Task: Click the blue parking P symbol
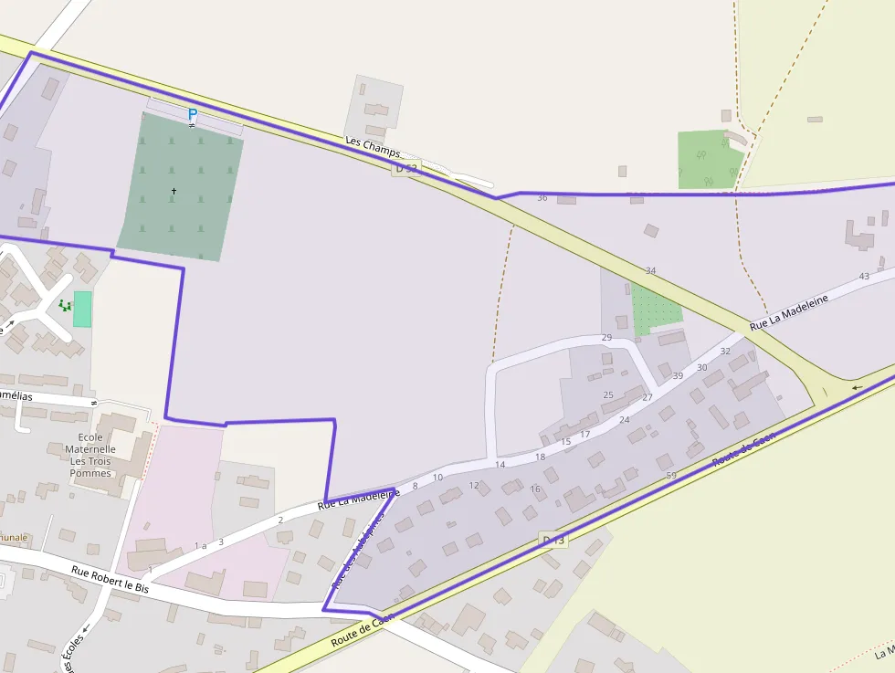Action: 192,114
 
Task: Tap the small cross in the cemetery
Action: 174,191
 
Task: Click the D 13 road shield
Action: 553,541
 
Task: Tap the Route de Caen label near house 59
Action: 744,449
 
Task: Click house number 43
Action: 864,277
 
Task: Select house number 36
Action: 542,198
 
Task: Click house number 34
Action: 650,271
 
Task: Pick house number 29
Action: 606,338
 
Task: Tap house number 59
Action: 671,476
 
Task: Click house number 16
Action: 535,489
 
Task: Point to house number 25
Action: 608,395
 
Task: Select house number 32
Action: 725,351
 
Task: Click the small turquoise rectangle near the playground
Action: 82,309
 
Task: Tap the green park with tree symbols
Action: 710,160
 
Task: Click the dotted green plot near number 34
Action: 655,308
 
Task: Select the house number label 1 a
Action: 201,546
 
